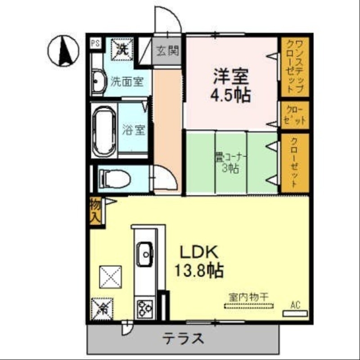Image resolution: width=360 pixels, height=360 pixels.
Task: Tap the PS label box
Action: pos(95,44)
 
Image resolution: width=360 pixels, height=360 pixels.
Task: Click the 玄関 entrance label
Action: pos(167,50)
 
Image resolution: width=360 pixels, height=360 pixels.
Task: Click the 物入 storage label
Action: pos(95,211)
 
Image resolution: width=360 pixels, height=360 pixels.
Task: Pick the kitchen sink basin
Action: pos(145,253)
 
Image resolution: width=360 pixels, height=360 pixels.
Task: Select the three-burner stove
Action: pos(145,309)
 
